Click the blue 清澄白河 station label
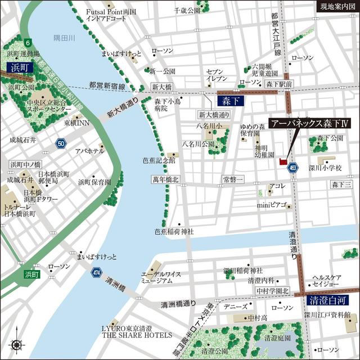(326, 300)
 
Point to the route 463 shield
(293, 167)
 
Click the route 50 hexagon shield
(61, 144)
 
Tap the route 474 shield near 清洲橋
(96, 273)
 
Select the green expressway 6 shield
(27, 42)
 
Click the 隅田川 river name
(64, 38)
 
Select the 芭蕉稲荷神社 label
(174, 231)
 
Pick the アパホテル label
(89, 151)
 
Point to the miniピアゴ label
(272, 205)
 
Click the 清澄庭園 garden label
(277, 339)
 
